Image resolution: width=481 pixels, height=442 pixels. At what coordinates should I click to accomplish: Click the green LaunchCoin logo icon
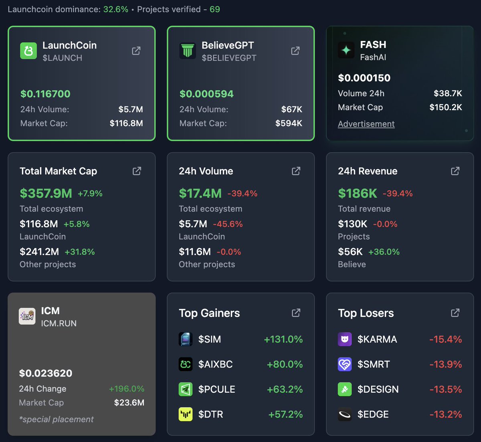(x=28, y=51)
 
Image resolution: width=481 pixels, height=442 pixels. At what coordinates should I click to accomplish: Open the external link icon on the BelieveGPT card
(x=295, y=51)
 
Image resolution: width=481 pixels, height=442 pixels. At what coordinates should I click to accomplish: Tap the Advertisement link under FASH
(x=366, y=124)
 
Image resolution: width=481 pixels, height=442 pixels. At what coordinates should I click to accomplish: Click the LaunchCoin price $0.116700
(x=45, y=94)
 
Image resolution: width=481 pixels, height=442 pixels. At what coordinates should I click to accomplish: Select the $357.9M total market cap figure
(x=46, y=193)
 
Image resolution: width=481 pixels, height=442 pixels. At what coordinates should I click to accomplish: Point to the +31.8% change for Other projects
(x=79, y=252)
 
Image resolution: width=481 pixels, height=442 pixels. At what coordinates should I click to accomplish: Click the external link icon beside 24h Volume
(x=296, y=171)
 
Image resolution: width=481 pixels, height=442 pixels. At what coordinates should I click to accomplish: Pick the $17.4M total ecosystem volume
(x=200, y=193)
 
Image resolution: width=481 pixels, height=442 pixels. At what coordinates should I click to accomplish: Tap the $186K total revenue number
(x=357, y=193)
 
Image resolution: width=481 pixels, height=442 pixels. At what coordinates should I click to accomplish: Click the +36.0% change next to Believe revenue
(x=384, y=252)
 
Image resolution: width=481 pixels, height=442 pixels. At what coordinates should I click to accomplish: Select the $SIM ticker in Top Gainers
(x=209, y=339)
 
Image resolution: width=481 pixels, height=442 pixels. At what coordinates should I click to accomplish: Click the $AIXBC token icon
(x=186, y=364)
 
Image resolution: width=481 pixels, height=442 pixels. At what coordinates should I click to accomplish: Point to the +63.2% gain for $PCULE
(x=285, y=389)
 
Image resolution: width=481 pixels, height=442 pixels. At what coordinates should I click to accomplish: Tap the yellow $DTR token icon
(x=186, y=414)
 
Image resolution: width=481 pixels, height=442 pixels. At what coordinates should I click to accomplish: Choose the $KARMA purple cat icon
(x=345, y=339)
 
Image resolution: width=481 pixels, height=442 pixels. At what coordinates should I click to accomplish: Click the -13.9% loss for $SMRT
(x=445, y=364)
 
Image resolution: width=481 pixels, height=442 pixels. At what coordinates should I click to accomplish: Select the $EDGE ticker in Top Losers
(x=373, y=414)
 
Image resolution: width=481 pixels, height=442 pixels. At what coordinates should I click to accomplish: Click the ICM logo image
(x=27, y=317)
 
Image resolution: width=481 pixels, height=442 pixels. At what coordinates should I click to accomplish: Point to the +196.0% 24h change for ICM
(x=126, y=389)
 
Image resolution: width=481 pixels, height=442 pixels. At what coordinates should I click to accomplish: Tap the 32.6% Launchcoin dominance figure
(x=116, y=9)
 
